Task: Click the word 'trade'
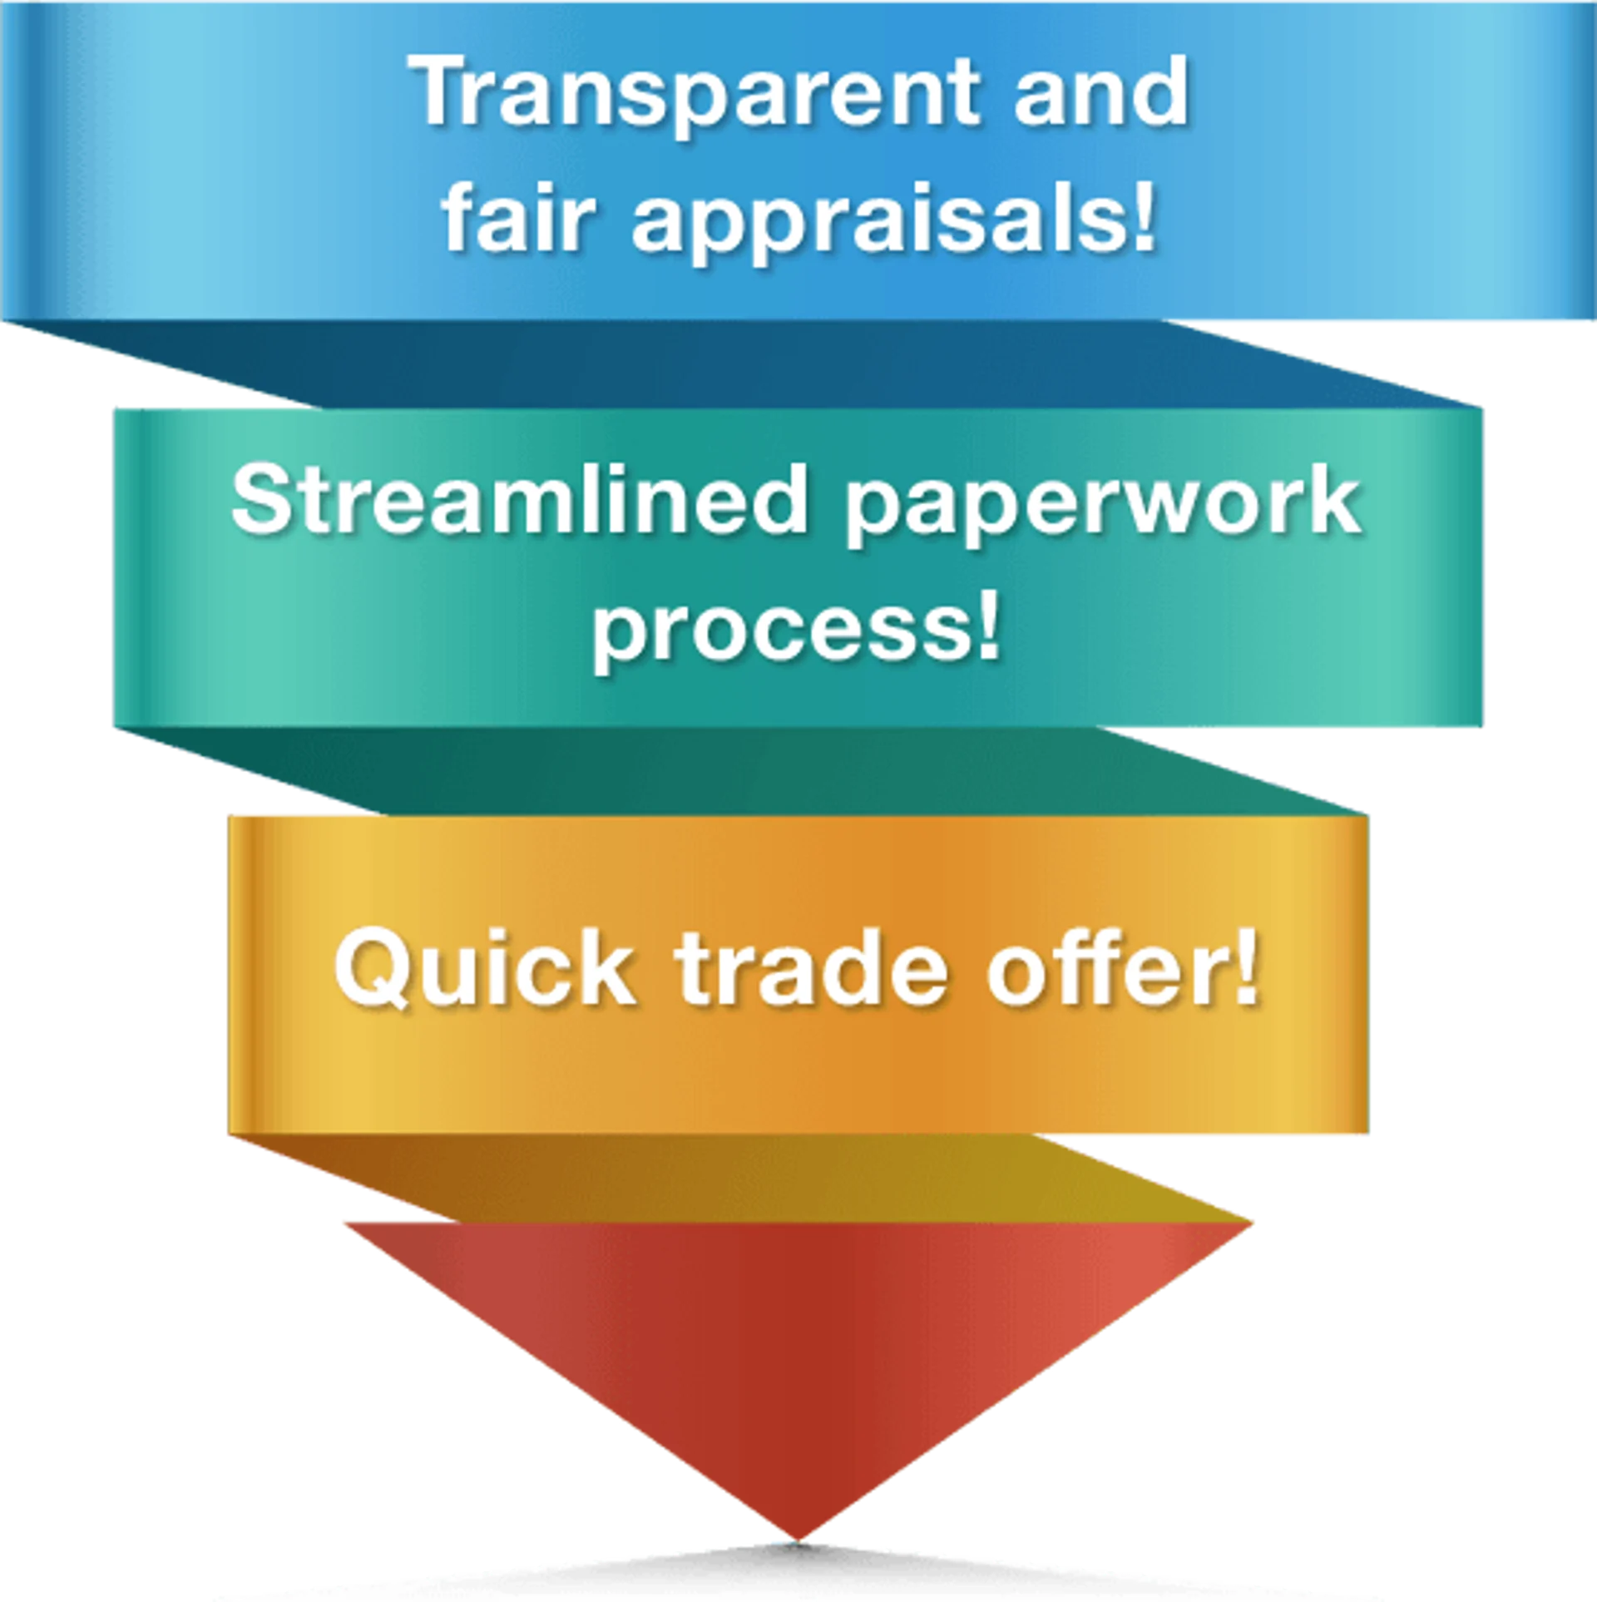(x=810, y=970)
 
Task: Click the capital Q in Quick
(x=371, y=970)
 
